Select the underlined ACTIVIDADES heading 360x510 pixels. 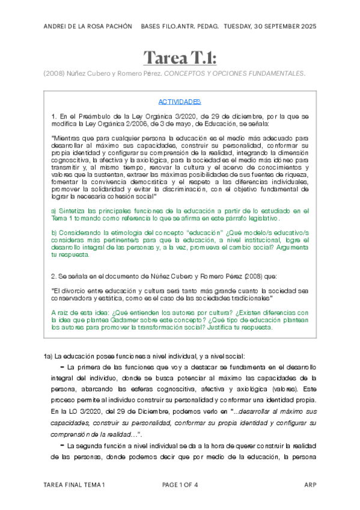click(180, 102)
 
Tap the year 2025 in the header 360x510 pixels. click(306, 27)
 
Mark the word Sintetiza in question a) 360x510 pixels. click(75, 211)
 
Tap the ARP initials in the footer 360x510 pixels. click(310, 485)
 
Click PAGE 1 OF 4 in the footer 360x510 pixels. click(180, 485)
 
